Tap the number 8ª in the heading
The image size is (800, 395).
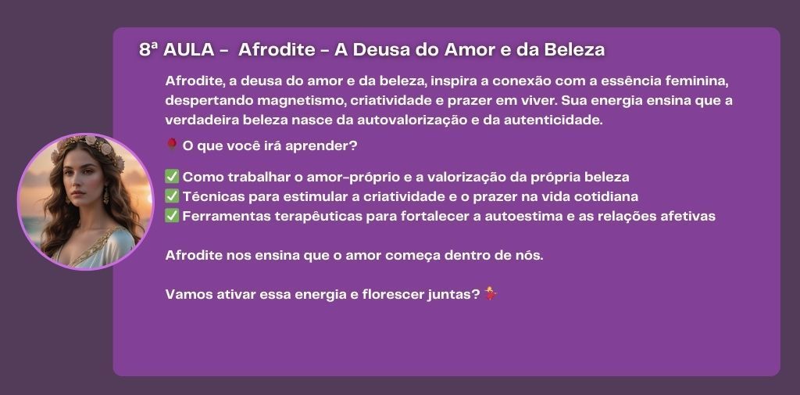pyautogui.click(x=148, y=49)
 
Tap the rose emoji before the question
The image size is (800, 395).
pyautogui.click(x=172, y=145)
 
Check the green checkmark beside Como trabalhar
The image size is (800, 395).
pyautogui.click(x=172, y=176)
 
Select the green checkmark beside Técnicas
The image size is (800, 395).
pyautogui.click(x=172, y=196)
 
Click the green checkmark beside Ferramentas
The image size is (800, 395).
pyautogui.click(x=172, y=216)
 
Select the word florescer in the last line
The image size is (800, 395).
pyautogui.click(x=392, y=295)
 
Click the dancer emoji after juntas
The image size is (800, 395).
pyautogui.click(x=491, y=293)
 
